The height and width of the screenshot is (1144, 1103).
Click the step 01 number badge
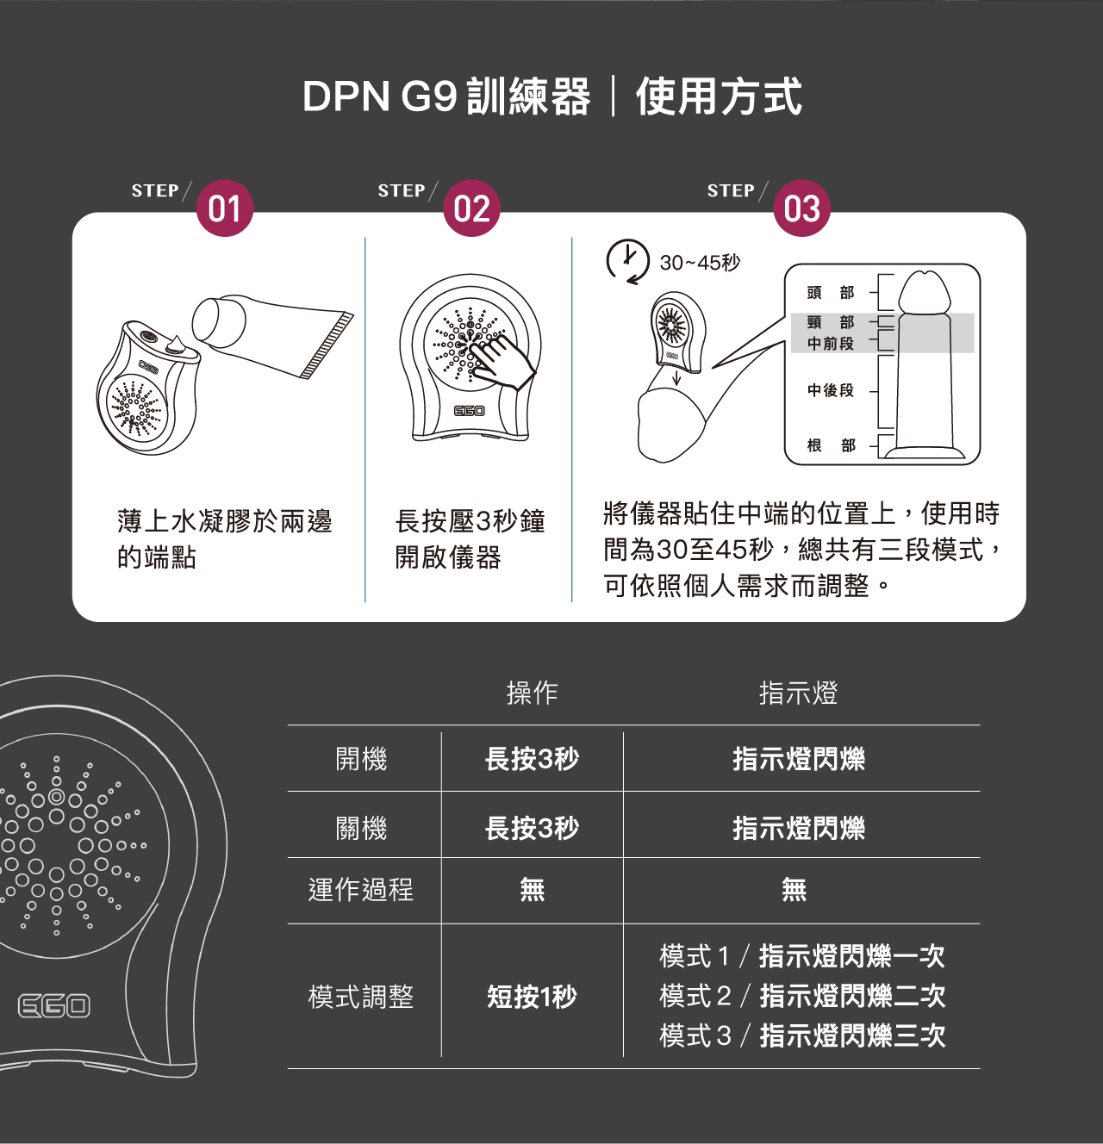[x=225, y=208]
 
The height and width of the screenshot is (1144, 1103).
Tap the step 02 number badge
[x=471, y=208]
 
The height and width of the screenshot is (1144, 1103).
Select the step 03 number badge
[x=801, y=208]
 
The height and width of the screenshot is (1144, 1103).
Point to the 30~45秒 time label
[x=700, y=263]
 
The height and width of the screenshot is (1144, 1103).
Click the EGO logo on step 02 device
[x=470, y=411]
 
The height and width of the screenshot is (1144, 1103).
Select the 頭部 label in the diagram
[x=830, y=293]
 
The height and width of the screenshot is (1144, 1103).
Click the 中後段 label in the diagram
[x=830, y=390]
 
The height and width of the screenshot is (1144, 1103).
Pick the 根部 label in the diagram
[x=830, y=445]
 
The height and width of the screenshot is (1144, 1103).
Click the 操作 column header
[x=532, y=693]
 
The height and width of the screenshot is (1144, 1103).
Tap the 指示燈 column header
[x=798, y=693]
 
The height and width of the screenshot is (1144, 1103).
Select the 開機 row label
[x=361, y=759]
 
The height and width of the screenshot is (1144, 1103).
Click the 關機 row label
[x=361, y=828]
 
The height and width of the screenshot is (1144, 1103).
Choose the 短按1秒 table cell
[x=532, y=997]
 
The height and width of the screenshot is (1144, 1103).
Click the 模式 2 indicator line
[x=802, y=996]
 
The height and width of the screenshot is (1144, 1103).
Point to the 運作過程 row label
[x=361, y=889]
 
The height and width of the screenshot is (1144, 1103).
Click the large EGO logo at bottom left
[x=54, y=1005]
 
